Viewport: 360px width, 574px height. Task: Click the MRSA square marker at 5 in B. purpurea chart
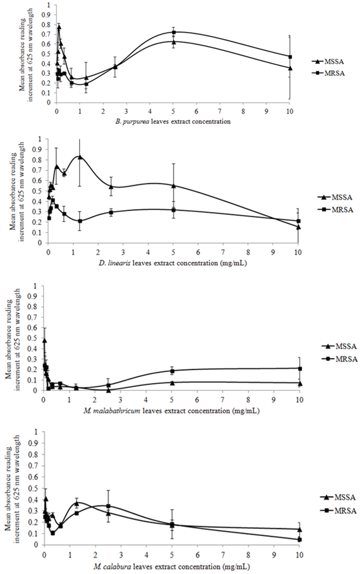174,32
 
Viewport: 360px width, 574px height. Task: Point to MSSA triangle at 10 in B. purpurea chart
290,68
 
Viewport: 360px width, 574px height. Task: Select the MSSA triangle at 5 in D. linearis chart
173,186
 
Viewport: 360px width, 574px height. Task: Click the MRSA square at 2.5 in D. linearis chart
111,212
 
